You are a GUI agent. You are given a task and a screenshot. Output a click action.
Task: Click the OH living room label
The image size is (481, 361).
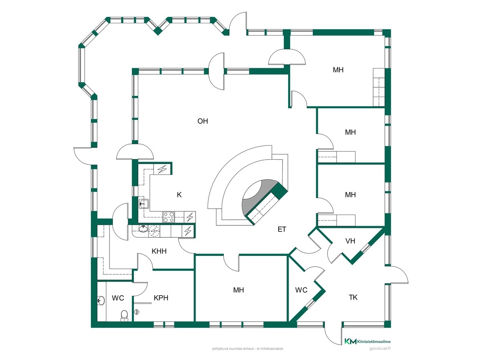pos(202,121)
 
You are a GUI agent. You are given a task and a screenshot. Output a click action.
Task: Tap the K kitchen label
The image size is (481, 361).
pos(179,195)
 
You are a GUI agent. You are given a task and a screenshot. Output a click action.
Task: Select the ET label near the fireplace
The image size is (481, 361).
pos(282,229)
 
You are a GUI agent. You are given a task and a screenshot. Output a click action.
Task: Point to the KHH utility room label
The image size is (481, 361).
pos(159,251)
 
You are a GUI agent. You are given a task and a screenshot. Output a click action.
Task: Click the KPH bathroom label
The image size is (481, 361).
pos(161,298)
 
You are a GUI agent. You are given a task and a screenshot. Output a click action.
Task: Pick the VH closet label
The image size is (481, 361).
pos(350,241)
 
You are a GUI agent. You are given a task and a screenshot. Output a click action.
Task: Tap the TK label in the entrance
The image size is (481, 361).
pos(353,298)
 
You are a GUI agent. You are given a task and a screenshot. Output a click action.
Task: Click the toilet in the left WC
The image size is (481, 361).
pos(124,316)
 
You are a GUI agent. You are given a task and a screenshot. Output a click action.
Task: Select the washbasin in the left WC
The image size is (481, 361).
pos(101,300)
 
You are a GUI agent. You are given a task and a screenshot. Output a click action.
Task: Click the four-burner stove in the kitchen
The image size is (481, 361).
pos(168,217)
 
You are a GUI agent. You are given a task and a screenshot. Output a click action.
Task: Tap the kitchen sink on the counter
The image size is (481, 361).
pos(143,204)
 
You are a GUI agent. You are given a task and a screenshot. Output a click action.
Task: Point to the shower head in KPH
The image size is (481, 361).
pos(137,312)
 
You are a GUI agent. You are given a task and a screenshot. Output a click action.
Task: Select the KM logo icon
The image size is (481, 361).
pos(350,341)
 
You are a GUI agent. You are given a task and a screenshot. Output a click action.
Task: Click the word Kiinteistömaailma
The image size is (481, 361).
pos(374,341)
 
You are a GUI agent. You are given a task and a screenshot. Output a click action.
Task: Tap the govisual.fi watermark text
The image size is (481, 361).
pos(380,349)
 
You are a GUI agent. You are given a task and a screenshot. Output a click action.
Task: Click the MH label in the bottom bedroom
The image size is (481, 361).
pos(238,290)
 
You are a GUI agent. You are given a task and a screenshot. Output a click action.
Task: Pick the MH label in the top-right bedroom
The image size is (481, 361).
pos(338,70)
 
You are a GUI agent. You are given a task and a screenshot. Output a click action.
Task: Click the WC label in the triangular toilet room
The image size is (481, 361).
pos(301,290)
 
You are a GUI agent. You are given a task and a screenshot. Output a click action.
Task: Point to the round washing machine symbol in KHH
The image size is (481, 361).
pos(154,231)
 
